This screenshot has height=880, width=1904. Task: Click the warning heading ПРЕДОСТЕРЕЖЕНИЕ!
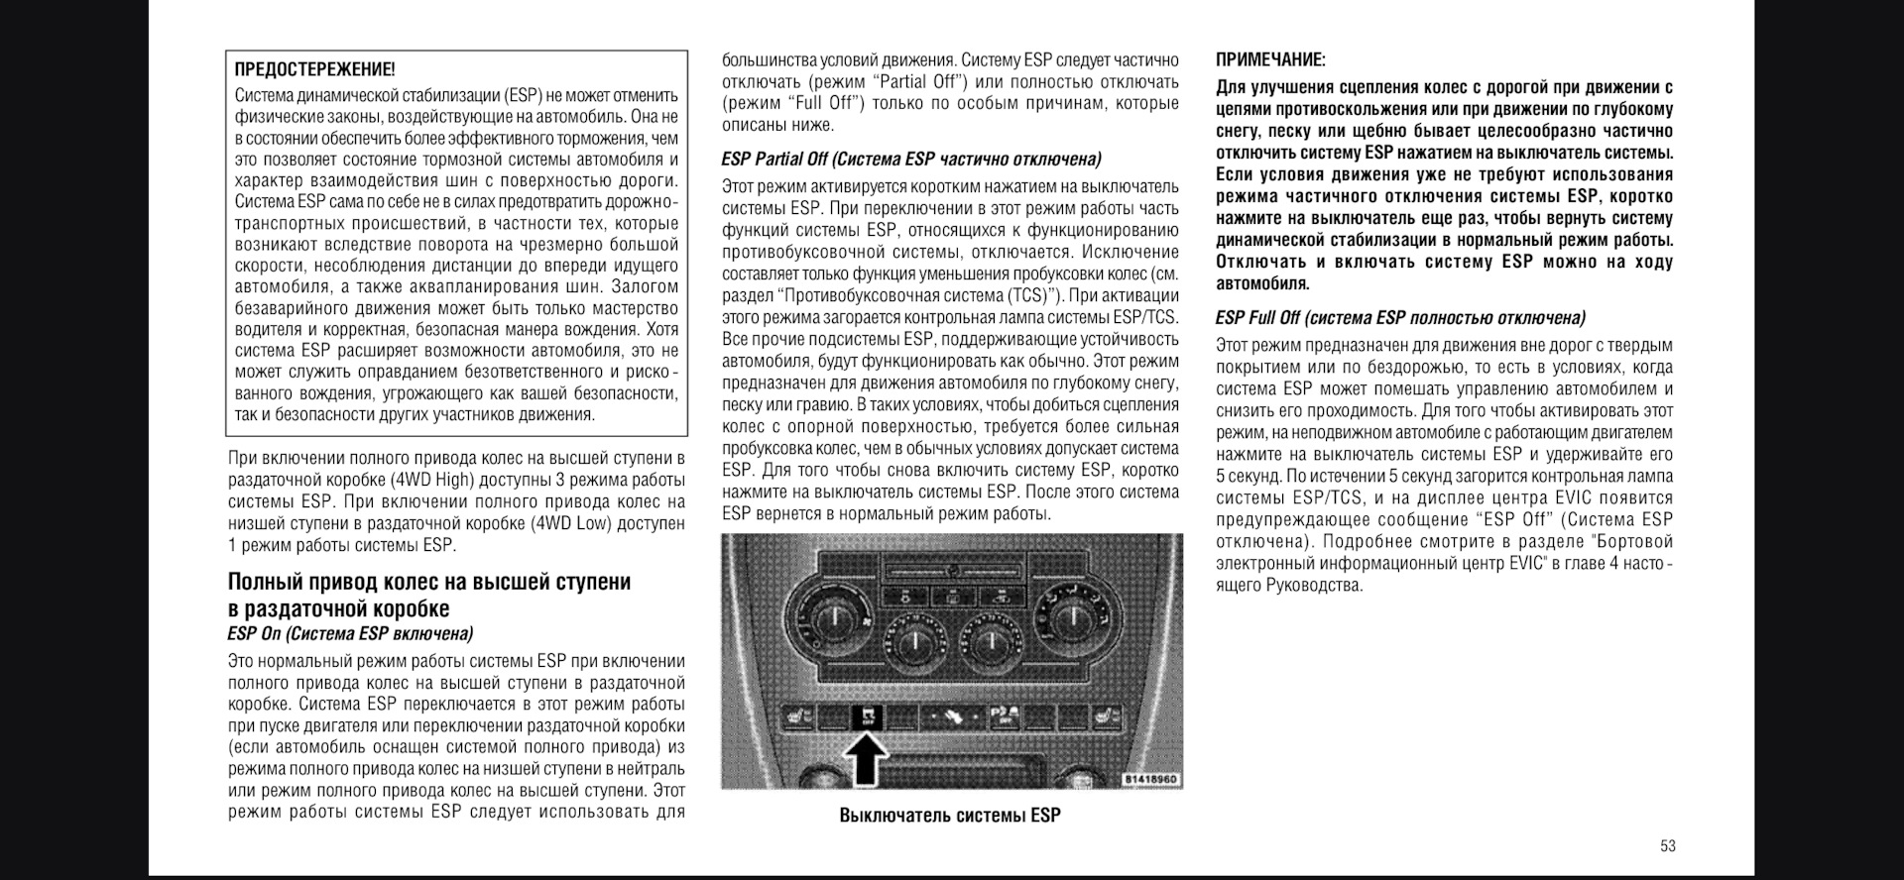(314, 69)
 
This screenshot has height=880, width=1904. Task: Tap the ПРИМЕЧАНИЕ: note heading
(1270, 60)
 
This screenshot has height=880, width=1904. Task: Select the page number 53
(1667, 845)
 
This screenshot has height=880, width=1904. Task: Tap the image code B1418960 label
(1150, 779)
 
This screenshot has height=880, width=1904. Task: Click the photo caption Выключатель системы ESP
(950, 816)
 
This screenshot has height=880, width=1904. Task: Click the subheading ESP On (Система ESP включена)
(350, 634)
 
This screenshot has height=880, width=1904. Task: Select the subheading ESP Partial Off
(911, 160)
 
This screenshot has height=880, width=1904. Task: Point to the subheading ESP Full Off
(1400, 318)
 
